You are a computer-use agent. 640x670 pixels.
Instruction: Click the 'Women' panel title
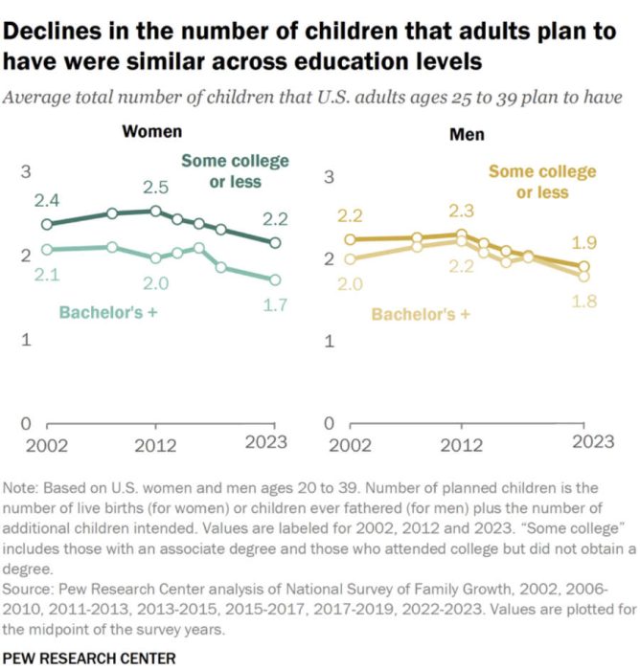(x=151, y=132)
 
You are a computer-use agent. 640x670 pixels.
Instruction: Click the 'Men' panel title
(x=467, y=134)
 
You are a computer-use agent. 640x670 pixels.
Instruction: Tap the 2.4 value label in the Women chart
(x=47, y=200)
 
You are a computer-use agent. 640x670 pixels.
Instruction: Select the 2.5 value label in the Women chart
(x=156, y=187)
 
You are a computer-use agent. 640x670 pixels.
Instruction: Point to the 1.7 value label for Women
(x=275, y=304)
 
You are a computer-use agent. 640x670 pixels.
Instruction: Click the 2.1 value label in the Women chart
(x=47, y=276)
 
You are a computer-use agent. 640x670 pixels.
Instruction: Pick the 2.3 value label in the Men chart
(x=462, y=210)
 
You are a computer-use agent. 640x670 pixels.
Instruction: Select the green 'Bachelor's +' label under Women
(x=107, y=312)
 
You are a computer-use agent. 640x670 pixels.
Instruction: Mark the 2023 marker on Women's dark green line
(x=276, y=243)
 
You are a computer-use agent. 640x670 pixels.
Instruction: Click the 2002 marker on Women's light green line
(x=48, y=250)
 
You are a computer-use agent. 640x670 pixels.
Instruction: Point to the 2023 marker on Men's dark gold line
(x=583, y=267)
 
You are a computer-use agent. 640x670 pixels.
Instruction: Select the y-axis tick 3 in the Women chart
(x=27, y=172)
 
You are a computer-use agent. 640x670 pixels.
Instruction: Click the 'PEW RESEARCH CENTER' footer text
(x=90, y=658)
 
